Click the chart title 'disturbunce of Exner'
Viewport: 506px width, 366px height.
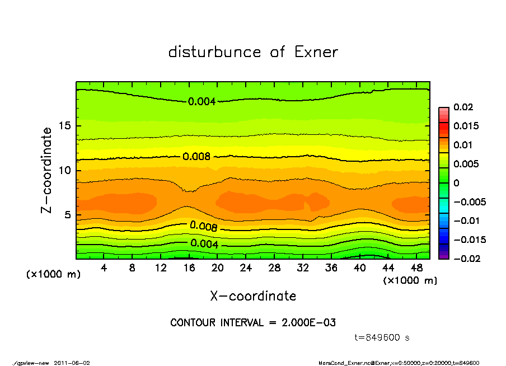coord(253,52)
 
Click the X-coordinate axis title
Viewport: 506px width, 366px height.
coord(253,296)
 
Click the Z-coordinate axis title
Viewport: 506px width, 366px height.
coord(47,170)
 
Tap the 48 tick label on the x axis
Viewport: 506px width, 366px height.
coord(416,268)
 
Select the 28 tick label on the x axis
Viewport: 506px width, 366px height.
coord(274,268)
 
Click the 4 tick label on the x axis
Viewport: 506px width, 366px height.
coord(104,268)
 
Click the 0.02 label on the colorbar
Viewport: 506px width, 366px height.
coord(464,107)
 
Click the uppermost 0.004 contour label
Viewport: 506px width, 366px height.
coord(202,101)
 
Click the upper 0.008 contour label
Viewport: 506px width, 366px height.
coord(196,157)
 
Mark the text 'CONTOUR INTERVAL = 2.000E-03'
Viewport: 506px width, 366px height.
coord(253,323)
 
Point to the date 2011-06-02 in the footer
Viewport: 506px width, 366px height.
coord(72,363)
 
